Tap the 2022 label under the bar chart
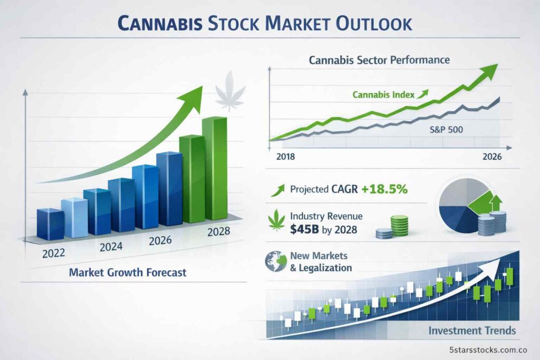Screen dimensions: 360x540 point(53,252)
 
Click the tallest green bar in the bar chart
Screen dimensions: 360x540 point(215,169)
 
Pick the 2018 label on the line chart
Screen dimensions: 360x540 point(285,157)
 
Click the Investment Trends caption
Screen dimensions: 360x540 point(472,330)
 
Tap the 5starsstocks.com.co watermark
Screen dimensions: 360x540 point(489,349)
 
